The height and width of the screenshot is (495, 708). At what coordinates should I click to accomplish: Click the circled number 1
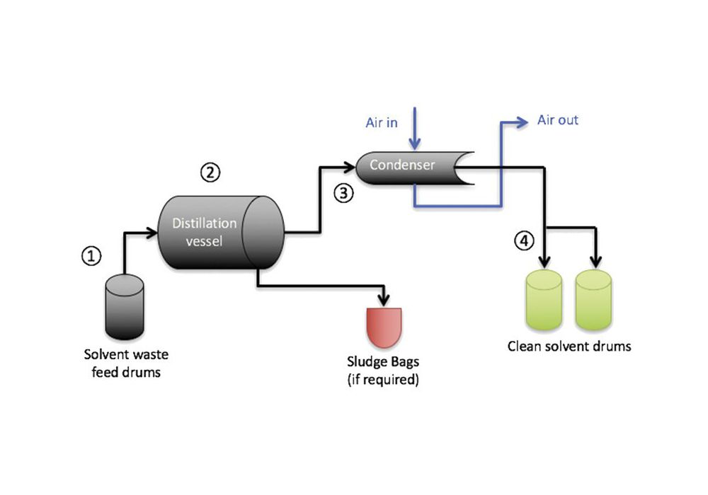92,256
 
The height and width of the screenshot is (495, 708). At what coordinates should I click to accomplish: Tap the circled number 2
210,172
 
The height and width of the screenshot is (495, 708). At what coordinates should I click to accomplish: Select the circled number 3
343,193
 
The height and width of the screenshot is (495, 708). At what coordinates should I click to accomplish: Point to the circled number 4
523,241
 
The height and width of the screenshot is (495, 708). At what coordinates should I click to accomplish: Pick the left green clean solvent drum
545,300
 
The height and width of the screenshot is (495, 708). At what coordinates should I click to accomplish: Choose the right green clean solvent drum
593,300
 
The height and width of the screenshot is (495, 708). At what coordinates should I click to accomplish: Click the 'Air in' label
382,122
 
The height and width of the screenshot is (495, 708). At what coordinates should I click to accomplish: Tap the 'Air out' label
557,120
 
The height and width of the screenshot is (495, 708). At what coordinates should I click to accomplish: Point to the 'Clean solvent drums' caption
569,346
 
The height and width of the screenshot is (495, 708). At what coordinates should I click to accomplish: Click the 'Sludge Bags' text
383,362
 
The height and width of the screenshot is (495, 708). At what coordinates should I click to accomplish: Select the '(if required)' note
383,380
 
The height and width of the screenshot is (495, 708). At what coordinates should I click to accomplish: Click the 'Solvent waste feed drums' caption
126,363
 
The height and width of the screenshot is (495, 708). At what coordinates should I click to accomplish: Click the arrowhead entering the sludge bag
384,299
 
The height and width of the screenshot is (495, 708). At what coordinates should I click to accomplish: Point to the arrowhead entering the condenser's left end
350,168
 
